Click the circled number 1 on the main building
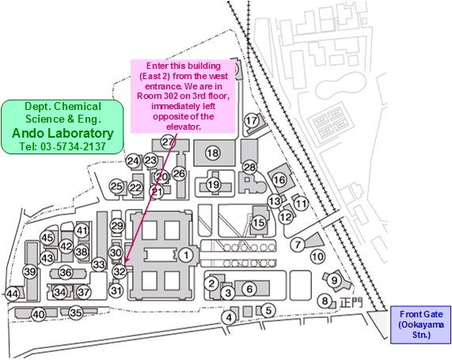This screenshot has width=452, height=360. click(186, 255)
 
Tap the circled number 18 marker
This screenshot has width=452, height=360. click(213, 153)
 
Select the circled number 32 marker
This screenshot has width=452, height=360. click(120, 271)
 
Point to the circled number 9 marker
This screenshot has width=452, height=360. click(334, 280)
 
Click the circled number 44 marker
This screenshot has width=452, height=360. click(13, 294)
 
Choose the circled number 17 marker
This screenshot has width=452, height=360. click(252, 120)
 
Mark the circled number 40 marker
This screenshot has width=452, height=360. click(39, 315)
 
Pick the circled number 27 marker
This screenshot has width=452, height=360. click(168, 142)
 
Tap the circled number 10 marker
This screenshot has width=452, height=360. click(318, 256)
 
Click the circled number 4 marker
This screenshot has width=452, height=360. click(229, 317)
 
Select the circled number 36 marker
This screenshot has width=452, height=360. click(66, 272)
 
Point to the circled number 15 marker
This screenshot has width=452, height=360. click(259, 222)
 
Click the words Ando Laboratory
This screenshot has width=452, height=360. click(63, 133)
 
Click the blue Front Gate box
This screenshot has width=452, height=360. click(420, 325)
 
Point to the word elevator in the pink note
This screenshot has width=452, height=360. click(184, 127)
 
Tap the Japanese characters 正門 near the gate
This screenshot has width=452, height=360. click(351, 303)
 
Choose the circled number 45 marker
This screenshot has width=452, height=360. click(47, 238)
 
